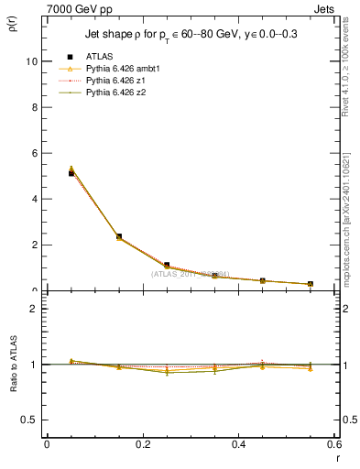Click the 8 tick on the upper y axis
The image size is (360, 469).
pos(33,107)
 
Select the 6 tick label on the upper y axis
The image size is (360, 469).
pos(33,153)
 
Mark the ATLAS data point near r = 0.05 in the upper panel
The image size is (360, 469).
pos(71,173)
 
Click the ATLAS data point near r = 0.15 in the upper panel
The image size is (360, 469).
pos(119,236)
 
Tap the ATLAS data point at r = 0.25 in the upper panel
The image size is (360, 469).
pos(167,265)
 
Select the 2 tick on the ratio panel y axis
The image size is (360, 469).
pos(33,309)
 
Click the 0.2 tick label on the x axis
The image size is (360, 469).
pos(142,444)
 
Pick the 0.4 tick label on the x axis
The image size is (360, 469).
pos(238,444)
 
